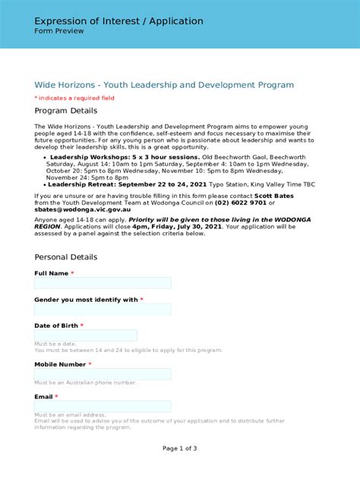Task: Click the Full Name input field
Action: [103, 283]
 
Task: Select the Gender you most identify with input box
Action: [103, 310]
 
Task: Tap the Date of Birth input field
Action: [85, 335]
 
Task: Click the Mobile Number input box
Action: [103, 374]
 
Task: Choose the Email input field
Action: [103, 407]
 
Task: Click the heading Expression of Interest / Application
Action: [118, 21]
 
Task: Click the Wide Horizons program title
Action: [163, 85]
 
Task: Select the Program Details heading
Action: [66, 111]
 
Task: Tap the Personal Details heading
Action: [65, 257]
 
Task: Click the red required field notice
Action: [74, 98]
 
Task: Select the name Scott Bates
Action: [279, 196]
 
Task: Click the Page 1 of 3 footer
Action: [179, 448]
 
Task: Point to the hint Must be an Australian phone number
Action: [85, 383]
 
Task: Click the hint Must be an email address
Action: [70, 415]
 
